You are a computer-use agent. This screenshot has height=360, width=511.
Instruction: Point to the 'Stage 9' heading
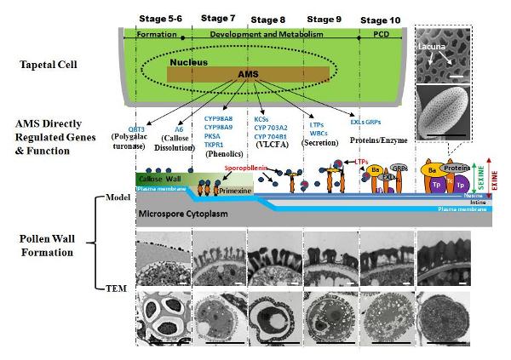327,17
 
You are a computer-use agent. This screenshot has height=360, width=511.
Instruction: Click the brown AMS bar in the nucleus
247,74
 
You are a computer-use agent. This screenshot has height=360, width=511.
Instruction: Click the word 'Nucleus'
187,62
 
